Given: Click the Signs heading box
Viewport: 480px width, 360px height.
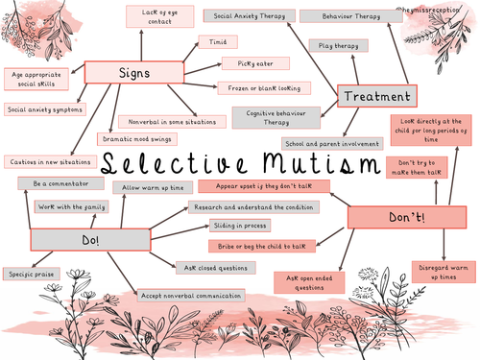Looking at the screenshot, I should click(x=134, y=72).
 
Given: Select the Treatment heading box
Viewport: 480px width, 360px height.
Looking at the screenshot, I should click(x=378, y=96).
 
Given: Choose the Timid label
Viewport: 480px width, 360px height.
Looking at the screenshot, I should click(x=211, y=42).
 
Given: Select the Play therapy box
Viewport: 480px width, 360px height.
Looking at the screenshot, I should click(x=339, y=45).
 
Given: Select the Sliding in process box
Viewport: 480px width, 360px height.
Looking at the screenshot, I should click(x=235, y=226).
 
